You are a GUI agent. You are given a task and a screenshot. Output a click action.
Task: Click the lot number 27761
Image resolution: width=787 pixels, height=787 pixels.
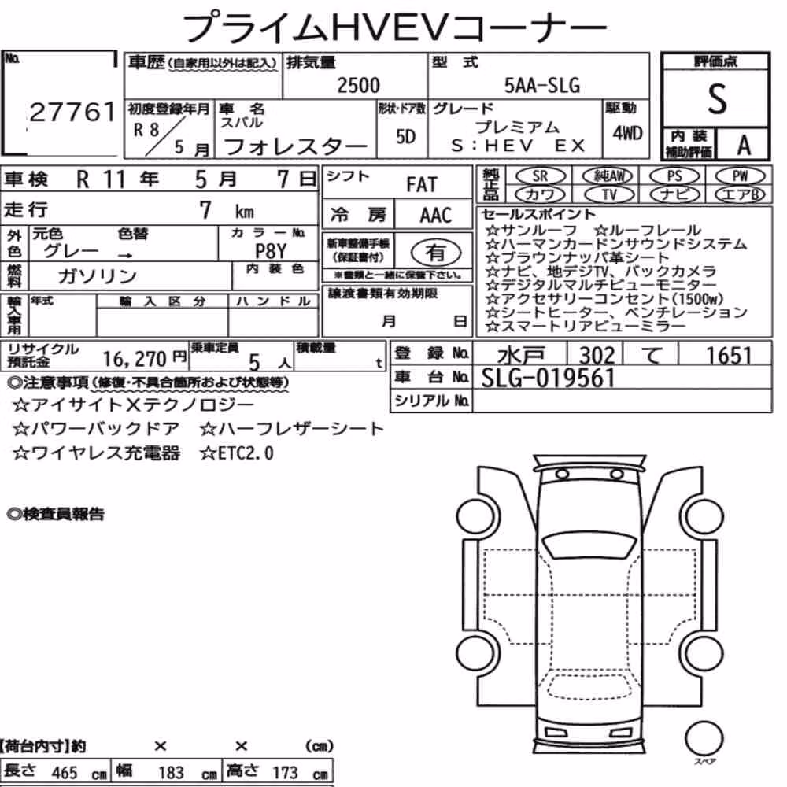pyautogui.click(x=72, y=112)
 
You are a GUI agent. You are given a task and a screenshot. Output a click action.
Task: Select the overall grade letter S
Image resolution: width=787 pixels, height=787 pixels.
pyautogui.click(x=717, y=98)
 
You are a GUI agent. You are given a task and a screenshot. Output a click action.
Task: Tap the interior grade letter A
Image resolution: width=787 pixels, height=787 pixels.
pyautogui.click(x=744, y=145)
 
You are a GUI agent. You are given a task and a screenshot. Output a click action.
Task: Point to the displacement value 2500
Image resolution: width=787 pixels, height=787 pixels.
pyautogui.click(x=358, y=85)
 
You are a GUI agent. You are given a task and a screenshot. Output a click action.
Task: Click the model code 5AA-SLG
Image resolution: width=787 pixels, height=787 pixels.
pyautogui.click(x=542, y=85)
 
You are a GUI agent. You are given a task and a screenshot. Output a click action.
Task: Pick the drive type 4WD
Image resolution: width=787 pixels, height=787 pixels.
pyautogui.click(x=627, y=133)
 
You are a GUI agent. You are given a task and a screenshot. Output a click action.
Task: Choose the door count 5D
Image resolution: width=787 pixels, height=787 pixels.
pyautogui.click(x=405, y=136)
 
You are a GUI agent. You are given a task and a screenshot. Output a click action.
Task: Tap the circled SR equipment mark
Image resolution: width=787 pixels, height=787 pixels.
pyautogui.click(x=540, y=176)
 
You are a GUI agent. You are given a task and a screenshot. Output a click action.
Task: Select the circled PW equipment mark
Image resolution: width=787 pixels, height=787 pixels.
pyautogui.click(x=740, y=176)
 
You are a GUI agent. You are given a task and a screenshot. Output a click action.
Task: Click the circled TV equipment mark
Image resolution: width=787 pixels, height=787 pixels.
pyautogui.click(x=609, y=194)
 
